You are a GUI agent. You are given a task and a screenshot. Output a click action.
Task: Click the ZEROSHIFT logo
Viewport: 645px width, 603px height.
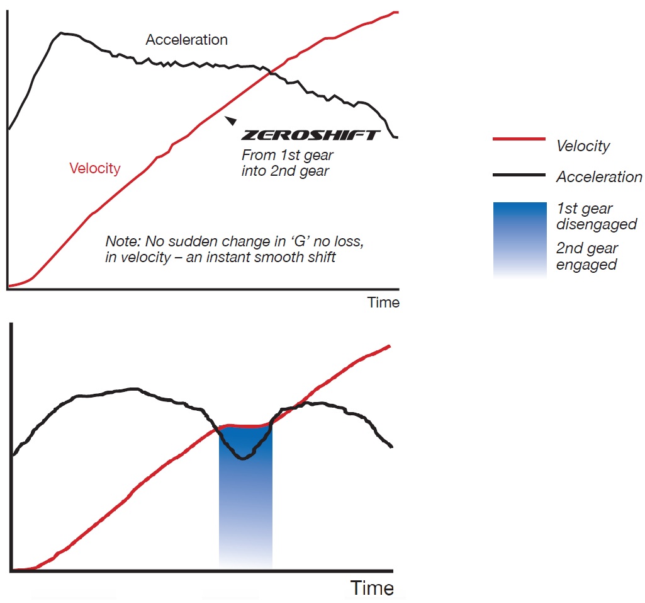311,135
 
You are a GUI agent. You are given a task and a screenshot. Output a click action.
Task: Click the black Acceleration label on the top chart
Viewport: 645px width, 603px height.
186,40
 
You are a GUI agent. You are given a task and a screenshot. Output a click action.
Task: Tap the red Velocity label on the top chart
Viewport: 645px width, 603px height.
95,168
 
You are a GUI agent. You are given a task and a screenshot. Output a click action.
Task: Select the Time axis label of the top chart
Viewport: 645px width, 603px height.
383,302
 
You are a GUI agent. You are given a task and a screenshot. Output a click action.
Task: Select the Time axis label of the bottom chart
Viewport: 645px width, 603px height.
372,588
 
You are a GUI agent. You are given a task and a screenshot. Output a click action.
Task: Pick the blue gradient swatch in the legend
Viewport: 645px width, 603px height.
520,240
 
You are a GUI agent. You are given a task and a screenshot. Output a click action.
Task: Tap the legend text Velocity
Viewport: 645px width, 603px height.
583,146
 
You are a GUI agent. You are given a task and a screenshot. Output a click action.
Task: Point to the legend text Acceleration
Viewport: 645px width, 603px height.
599,177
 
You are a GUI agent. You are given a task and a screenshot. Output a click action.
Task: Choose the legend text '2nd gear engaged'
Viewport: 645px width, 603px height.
587,256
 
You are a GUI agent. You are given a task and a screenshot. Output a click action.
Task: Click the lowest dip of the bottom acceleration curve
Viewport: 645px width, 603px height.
242,458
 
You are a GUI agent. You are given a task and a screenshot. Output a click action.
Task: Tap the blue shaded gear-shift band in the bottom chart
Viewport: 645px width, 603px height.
245,504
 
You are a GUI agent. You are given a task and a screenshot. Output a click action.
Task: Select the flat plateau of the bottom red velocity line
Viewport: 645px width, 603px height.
245,427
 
